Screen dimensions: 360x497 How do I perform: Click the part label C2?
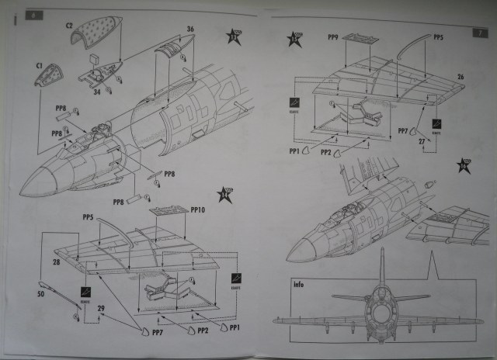(69, 24)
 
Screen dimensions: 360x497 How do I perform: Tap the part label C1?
(40, 67)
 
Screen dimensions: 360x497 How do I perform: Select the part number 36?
(190, 30)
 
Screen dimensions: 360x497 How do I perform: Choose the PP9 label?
(333, 36)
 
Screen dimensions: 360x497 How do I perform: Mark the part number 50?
(43, 294)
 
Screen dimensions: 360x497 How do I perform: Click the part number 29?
(100, 309)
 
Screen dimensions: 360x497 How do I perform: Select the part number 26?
(461, 77)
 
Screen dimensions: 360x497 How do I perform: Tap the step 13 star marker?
(234, 36)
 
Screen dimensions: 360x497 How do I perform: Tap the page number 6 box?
(30, 16)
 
